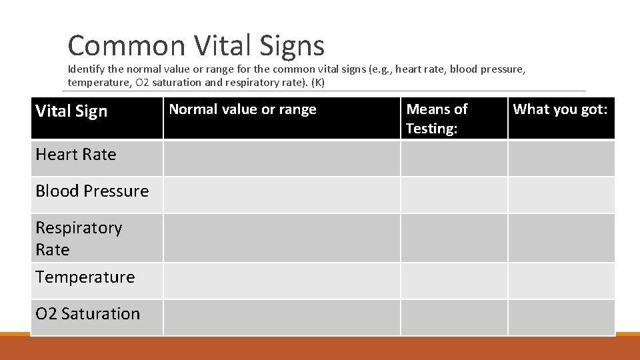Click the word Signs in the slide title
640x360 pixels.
293,45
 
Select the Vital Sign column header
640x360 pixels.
71,111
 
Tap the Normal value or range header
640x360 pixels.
243,109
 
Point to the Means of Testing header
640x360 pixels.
437,118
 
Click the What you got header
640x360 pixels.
560,109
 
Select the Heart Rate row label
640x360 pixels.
76,155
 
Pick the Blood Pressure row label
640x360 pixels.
92,191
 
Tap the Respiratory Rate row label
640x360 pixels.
79,238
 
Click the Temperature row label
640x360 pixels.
85,277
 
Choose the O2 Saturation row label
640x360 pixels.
88,314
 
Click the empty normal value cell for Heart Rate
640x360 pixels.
281,159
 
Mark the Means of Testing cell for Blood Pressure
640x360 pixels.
453,195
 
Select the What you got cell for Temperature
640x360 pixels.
561,281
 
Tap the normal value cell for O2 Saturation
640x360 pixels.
281,317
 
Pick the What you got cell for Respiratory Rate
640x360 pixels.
561,238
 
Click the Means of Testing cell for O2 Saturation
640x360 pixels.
453,317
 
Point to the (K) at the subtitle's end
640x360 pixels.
317,83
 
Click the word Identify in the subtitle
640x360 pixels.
86,69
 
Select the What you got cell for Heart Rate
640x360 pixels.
561,159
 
